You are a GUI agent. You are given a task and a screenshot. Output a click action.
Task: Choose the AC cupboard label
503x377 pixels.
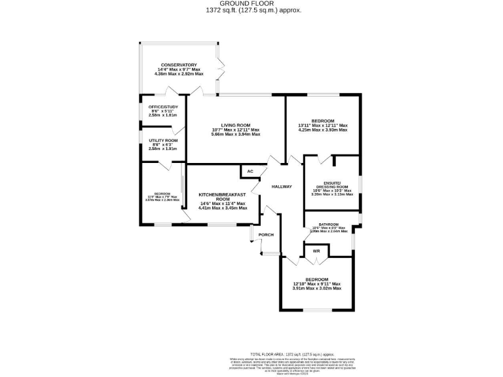pyautogui.click(x=250, y=172)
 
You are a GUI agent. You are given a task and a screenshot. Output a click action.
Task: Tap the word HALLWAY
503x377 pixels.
pyautogui.click(x=282, y=187)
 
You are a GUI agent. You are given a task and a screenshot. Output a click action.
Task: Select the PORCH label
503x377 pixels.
pyautogui.click(x=266, y=234)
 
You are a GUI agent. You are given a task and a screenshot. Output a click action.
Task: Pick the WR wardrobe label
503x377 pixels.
pyautogui.click(x=316, y=251)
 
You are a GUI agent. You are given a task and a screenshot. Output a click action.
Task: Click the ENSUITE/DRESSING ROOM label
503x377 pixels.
pyautogui.click(x=333, y=185)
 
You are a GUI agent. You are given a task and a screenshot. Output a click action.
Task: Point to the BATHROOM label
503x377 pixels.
pyautogui.click(x=329, y=224)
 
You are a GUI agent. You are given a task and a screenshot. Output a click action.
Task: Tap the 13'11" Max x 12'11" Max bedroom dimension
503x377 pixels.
pyautogui.click(x=323, y=126)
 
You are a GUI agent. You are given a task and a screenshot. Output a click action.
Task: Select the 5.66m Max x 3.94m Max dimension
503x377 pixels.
pyautogui.click(x=236, y=134)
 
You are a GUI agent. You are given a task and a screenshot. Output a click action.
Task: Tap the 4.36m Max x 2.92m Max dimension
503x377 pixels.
pyautogui.click(x=179, y=74)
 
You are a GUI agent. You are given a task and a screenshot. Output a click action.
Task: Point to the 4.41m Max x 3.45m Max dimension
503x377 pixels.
pyautogui.click(x=223, y=207)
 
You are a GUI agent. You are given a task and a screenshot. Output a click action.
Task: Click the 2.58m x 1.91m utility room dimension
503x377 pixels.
pyautogui.click(x=164, y=149)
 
